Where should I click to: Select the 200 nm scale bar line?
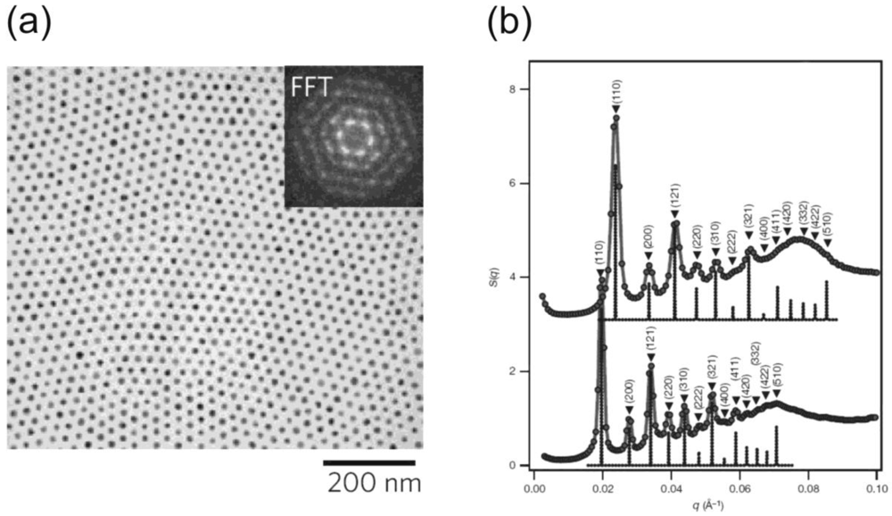(x=368, y=462)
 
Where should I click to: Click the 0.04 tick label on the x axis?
(x=671, y=489)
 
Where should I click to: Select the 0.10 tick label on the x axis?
(x=876, y=489)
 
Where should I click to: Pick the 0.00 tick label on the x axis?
(x=534, y=489)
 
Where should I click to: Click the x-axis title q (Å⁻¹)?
(x=705, y=506)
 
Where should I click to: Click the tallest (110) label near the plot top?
(x=616, y=94)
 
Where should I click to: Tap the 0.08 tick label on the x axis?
(x=808, y=489)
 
